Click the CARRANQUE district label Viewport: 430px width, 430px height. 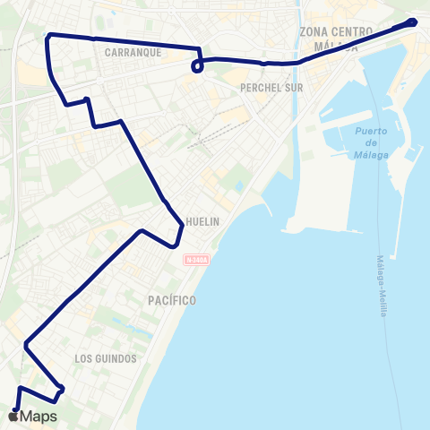point(132,52)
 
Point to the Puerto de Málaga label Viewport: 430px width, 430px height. point(371,143)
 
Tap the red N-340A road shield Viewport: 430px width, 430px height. point(197,260)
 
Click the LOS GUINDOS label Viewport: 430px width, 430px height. point(105,358)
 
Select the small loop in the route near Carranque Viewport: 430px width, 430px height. point(197,64)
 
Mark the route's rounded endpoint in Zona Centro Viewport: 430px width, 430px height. point(412,22)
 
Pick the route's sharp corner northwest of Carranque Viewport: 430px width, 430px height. point(47,35)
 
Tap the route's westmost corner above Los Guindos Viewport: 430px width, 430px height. point(27,342)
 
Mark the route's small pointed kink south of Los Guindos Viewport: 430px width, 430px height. point(60,390)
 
